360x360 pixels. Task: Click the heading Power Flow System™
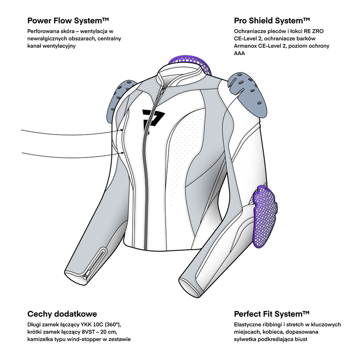pyautogui.click(x=68, y=21)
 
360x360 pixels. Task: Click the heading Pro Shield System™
pyautogui.click(x=272, y=21)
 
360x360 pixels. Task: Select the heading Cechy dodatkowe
pyautogui.click(x=62, y=314)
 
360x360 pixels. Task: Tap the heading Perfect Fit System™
pyautogui.click(x=272, y=314)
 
